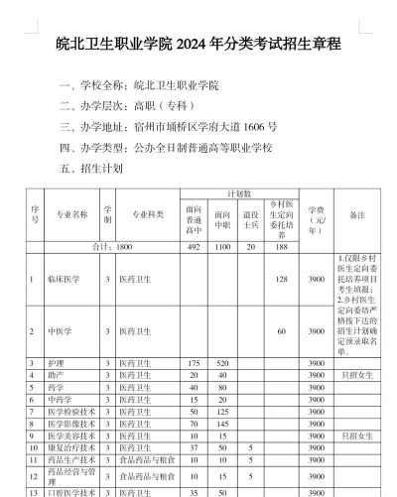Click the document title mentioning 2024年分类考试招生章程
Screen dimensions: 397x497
pyautogui.click(x=198, y=45)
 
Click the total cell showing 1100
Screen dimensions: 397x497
pyautogui.click(x=222, y=244)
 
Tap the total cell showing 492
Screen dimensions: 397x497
pyautogui.click(x=194, y=244)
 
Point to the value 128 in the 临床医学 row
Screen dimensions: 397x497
pyautogui.click(x=282, y=280)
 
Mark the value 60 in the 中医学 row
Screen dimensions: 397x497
pyautogui.click(x=282, y=331)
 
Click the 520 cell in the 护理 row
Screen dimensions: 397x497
pyautogui.click(x=222, y=364)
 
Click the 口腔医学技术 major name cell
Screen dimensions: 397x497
pyautogui.click(x=70, y=492)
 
